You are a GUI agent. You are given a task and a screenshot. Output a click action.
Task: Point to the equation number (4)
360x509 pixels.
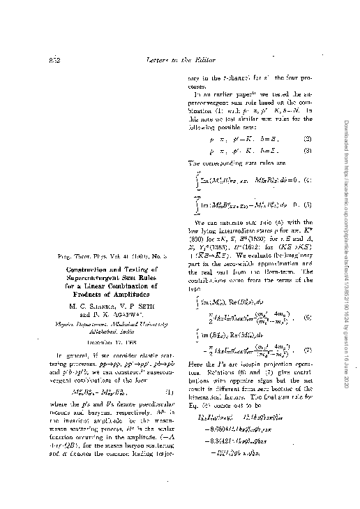pos(308,180)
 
